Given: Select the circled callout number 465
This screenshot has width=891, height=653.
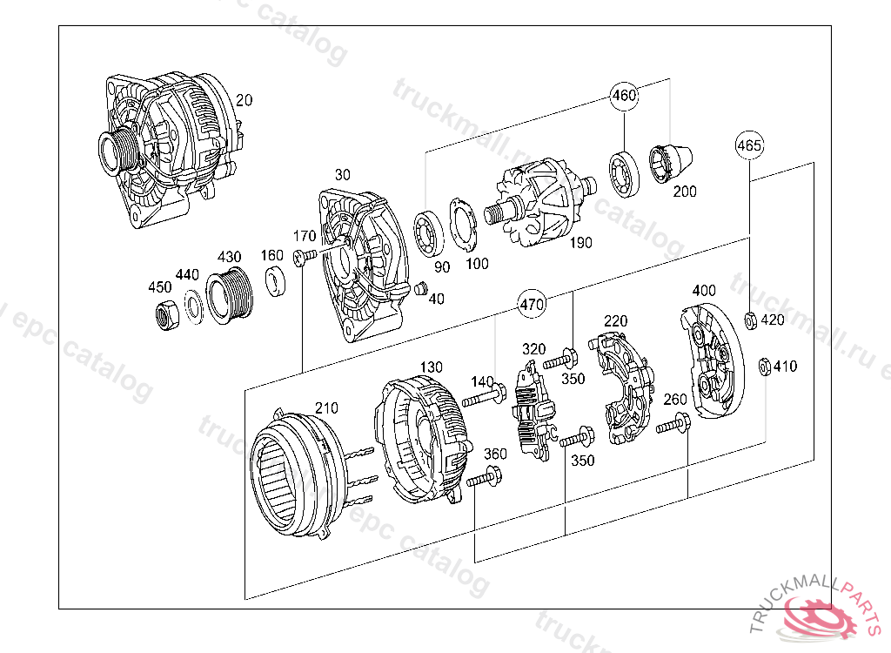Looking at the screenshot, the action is point(749,145).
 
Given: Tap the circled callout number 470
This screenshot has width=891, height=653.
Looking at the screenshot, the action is point(532,305).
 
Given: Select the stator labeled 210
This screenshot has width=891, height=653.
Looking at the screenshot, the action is point(293,470).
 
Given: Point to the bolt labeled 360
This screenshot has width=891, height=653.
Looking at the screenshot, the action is point(485,477).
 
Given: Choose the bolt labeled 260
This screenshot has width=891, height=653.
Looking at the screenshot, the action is point(673,426).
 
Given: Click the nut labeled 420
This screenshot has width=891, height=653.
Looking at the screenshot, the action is point(750,320).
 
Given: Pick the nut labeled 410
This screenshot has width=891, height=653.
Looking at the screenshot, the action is point(763,367).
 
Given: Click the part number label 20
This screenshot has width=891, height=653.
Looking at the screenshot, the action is point(244,100).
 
